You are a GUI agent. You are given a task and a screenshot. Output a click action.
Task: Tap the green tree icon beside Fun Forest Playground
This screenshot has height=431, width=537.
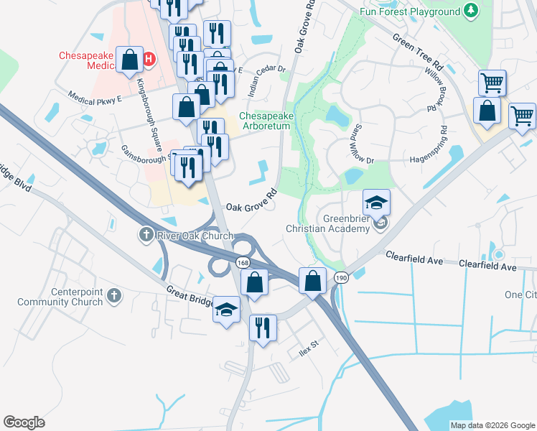[471, 11]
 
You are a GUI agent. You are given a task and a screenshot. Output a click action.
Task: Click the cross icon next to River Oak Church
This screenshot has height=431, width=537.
[145, 235]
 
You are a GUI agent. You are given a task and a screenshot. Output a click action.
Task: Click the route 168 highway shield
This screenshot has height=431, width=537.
[243, 264]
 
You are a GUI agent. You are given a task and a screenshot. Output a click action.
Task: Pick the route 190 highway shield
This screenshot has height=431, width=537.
[340, 278]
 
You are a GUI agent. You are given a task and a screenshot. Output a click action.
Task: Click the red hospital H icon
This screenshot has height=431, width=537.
[149, 59]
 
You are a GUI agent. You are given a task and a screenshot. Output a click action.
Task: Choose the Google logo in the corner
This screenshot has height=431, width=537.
[24, 422]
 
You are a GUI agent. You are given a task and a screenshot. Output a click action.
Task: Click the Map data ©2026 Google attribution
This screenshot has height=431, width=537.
[492, 425]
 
